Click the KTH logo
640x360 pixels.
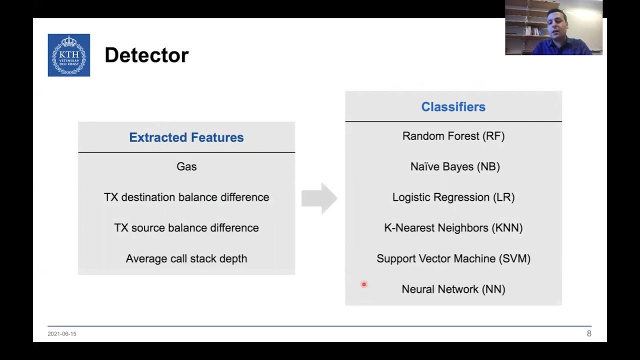tap(69, 55)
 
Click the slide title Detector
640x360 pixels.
tap(146, 55)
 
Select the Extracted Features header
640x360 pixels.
tap(186, 137)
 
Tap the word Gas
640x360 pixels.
tap(186, 166)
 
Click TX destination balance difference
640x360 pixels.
tap(186, 197)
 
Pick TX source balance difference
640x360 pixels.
tap(186, 227)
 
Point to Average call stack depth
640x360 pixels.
tap(186, 258)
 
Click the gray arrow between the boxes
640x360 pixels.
tap(319, 198)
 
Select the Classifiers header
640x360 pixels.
tap(453, 106)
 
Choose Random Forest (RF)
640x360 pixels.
tap(453, 136)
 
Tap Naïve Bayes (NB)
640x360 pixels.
tap(454, 166)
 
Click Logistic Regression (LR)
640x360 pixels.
tap(453, 197)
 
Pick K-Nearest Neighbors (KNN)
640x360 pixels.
tap(453, 227)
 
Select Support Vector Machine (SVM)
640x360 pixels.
tap(453, 258)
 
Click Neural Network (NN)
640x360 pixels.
tap(453, 289)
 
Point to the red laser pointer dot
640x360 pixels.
tap(364, 284)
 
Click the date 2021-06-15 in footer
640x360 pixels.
tap(62, 333)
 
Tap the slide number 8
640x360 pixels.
tap(588, 333)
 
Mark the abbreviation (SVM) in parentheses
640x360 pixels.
tap(514, 258)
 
